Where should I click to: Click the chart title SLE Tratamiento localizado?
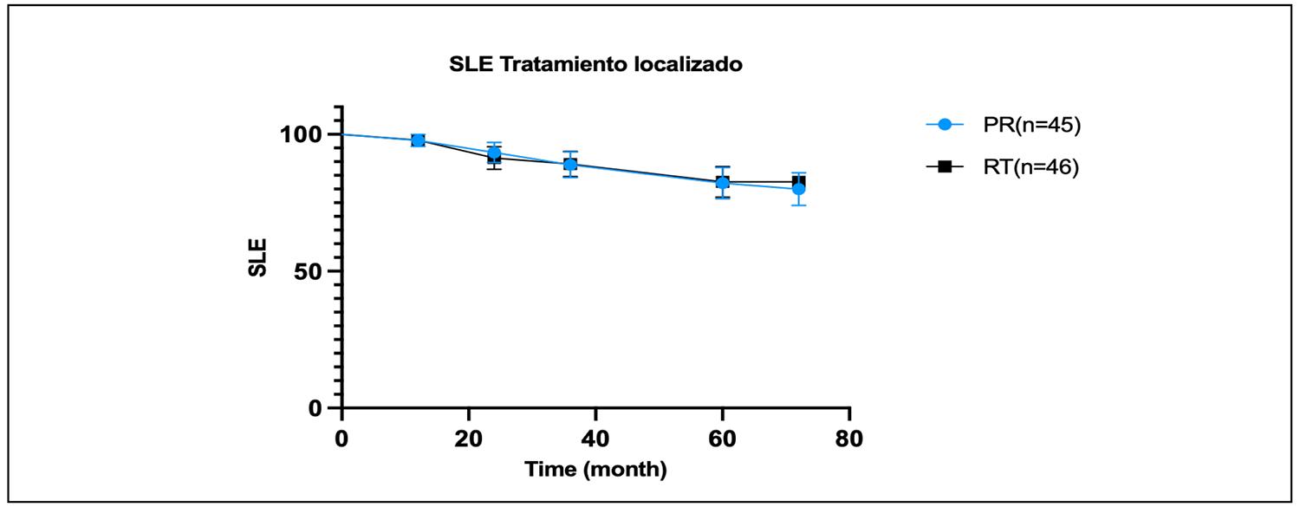(595, 65)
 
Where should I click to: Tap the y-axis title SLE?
(258, 257)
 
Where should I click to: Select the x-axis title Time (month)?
(595, 470)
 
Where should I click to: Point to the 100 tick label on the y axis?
(298, 135)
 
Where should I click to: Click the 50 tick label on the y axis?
(308, 271)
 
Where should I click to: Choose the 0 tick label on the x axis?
(342, 439)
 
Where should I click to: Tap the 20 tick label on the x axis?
(469, 439)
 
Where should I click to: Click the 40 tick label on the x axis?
(595, 439)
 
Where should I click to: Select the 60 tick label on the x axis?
(722, 439)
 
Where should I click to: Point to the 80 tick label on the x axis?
(848, 439)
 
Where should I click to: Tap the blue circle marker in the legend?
(946, 125)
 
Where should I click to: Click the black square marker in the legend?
(946, 166)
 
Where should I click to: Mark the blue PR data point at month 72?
(798, 189)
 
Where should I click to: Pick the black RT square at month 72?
(799, 180)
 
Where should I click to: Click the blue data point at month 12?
(418, 140)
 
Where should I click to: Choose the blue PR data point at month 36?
(570, 164)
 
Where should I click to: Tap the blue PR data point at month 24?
(494, 153)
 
